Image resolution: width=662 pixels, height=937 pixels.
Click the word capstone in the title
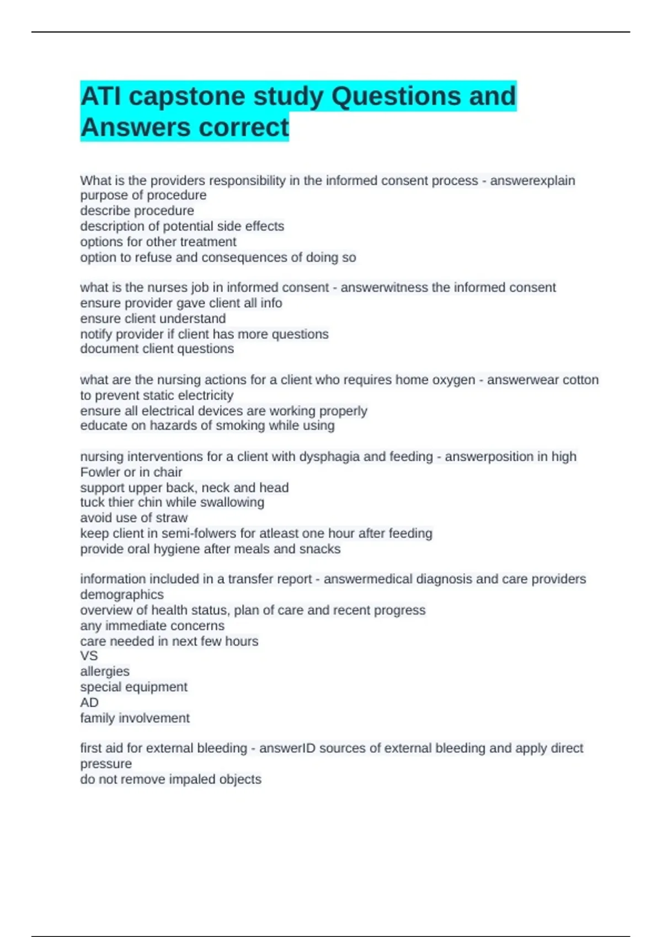coord(186,96)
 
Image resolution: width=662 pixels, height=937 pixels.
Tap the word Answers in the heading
coord(135,127)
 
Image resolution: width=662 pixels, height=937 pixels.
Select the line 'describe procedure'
coord(137,211)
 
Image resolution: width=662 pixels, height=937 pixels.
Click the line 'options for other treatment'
coord(158,241)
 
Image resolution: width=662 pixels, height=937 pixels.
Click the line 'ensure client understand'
coord(153,319)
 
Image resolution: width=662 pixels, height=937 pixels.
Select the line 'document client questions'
coord(157,349)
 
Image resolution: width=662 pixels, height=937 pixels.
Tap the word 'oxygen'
coord(453,380)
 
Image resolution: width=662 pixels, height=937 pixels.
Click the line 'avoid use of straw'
coord(134,518)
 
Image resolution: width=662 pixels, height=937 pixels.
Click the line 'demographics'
coord(122,595)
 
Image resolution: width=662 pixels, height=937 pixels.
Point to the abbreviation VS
coord(89,656)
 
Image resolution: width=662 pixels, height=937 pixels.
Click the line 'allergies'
coord(105,671)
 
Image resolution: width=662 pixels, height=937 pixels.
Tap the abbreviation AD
coord(89,702)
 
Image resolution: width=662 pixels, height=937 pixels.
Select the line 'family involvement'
coord(135,718)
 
